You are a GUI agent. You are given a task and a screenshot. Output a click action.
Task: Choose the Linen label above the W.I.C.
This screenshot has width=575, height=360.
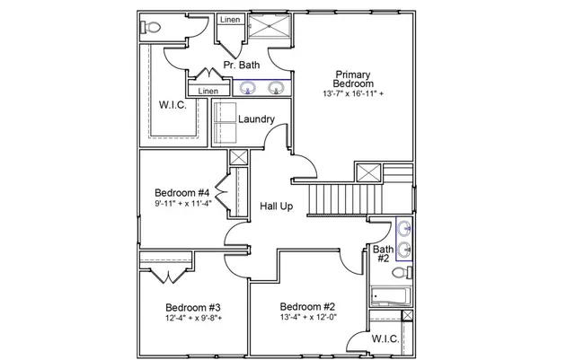tap(208, 91)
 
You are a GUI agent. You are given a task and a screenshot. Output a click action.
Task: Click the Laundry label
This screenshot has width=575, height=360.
tap(256, 119)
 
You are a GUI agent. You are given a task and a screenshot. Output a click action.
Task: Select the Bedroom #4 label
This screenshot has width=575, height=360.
tap(181, 193)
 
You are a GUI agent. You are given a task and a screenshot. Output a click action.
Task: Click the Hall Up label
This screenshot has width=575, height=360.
tap(277, 206)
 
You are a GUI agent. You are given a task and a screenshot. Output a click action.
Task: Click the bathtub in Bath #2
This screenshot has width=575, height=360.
tap(392, 296)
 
